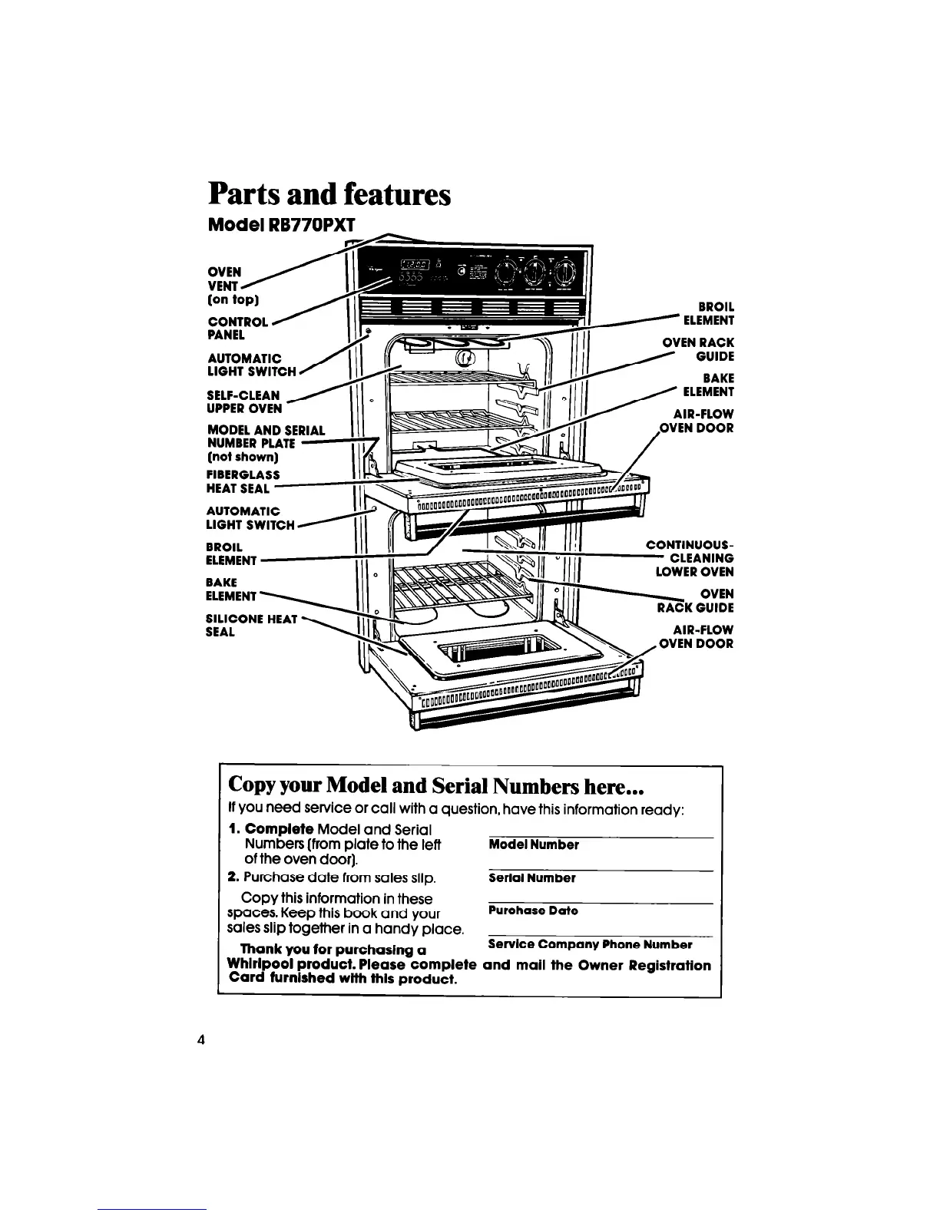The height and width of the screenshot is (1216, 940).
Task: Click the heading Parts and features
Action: [x=329, y=195]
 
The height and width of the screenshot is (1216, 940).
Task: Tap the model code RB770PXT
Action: [x=316, y=226]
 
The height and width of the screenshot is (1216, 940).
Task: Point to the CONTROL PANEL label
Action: [x=237, y=328]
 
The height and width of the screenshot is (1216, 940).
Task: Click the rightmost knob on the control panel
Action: [x=564, y=272]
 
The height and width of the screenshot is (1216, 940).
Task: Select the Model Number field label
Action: [x=533, y=844]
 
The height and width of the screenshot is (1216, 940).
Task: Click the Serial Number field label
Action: [x=531, y=877]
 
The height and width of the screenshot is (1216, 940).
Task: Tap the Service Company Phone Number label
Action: [x=590, y=944]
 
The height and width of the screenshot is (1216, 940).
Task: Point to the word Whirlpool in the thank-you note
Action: [x=262, y=965]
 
